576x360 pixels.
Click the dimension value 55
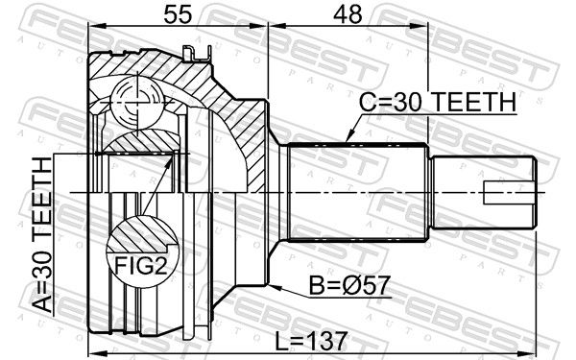click(178, 14)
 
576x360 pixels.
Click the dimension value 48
click(348, 14)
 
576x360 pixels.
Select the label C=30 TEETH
click(438, 102)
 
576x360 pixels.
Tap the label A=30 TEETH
click(42, 234)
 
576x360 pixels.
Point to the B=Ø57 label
click(349, 285)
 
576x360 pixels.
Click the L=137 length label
click(311, 341)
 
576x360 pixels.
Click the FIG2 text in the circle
click(141, 265)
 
